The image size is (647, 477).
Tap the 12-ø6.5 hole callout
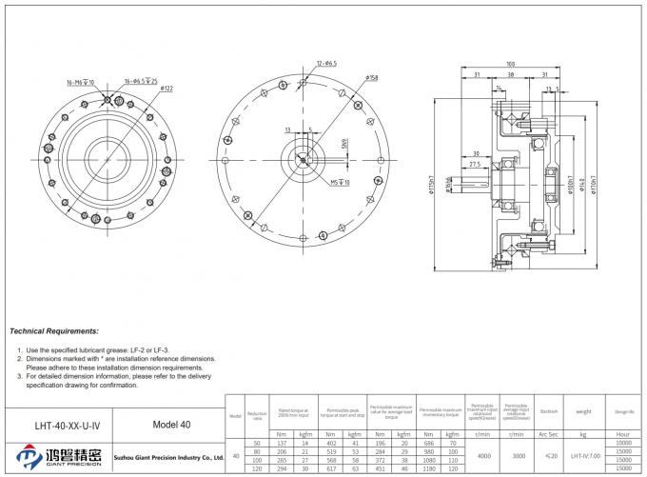click(x=325, y=63)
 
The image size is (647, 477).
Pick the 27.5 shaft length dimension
click(x=475, y=164)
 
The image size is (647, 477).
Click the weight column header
click(x=584, y=411)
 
